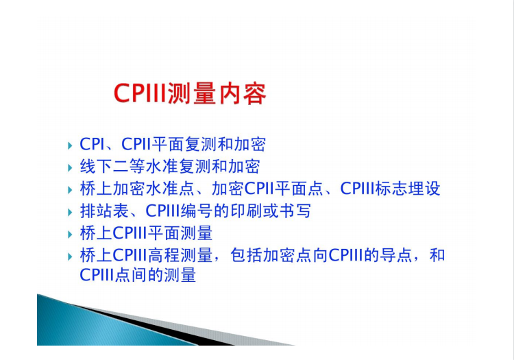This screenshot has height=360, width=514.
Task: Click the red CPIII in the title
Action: coord(140,93)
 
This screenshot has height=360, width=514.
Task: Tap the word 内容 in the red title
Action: coord(242,94)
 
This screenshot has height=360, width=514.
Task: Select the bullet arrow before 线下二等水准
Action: coord(70,168)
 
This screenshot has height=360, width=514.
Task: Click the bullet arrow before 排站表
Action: coord(70,212)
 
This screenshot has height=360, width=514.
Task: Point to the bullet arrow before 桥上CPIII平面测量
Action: coord(70,235)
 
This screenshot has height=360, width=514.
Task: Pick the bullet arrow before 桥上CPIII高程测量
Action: coord(70,256)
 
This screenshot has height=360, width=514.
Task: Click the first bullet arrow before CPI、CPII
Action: coord(70,145)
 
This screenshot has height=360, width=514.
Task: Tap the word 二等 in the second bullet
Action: coord(129,166)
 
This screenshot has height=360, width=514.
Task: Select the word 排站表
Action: coord(104,211)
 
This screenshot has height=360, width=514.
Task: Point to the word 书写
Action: coord(295,211)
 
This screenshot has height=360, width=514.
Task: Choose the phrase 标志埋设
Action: coord(408,189)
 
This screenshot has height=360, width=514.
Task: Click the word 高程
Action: coord(163,255)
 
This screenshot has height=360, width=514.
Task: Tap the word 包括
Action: coord(247,255)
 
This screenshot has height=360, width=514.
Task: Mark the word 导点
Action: coord(395,255)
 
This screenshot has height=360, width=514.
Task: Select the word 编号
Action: coord(197,211)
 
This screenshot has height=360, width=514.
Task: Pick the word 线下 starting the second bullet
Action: coord(96,166)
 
